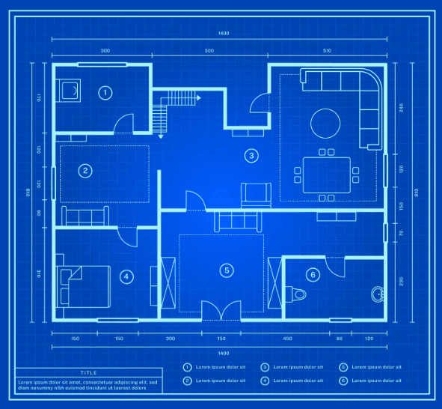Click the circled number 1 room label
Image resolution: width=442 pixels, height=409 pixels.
pyautogui.click(x=105, y=93)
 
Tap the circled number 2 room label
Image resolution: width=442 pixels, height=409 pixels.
pyautogui.click(x=86, y=171)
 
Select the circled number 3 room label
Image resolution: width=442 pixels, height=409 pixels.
pyautogui.click(x=252, y=156)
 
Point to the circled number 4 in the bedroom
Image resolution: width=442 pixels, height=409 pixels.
pyautogui.click(x=126, y=276)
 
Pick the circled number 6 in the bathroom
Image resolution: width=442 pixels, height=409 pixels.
pyautogui.click(x=313, y=275)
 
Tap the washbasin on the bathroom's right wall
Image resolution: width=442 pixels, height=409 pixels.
pyautogui.click(x=376, y=294)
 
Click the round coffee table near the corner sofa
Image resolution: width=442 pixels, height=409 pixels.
pyautogui.click(x=325, y=124)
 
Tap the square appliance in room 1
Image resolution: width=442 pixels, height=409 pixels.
pyautogui.click(x=72, y=91)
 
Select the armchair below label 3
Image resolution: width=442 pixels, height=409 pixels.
pyautogui.click(x=255, y=195)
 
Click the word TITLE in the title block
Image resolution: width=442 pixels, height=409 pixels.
pyautogui.click(x=88, y=372)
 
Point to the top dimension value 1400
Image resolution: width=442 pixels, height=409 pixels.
pyautogui.click(x=223, y=34)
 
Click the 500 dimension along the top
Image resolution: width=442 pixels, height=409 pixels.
pyautogui.click(x=209, y=51)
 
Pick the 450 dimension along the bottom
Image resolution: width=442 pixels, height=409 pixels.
pyautogui.click(x=287, y=339)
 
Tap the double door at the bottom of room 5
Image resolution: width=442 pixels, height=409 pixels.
pyautogui.click(x=220, y=308)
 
